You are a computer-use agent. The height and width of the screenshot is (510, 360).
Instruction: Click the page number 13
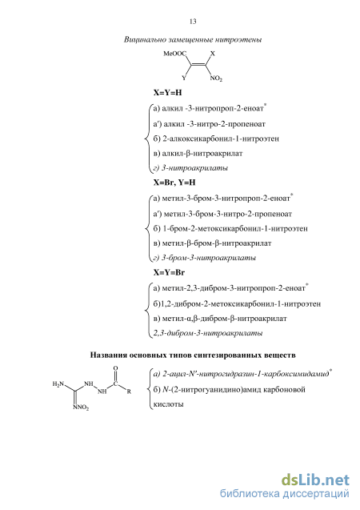click(x=193, y=22)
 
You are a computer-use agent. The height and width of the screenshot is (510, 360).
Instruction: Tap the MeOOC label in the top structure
click(x=175, y=54)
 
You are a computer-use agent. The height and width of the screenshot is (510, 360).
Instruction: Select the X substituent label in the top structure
click(x=213, y=54)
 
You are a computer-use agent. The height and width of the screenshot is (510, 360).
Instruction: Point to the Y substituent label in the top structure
click(x=184, y=78)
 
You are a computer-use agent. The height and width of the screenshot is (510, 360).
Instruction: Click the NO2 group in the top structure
click(x=216, y=78)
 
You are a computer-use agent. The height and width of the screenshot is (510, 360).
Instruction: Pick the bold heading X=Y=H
click(x=168, y=93)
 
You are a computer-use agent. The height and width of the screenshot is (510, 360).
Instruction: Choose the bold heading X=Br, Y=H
click(x=174, y=183)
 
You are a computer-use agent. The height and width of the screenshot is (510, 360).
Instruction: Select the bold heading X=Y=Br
click(x=169, y=272)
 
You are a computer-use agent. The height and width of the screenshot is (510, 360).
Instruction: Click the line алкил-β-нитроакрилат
click(x=198, y=154)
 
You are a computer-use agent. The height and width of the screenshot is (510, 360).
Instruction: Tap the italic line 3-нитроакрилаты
click(x=190, y=168)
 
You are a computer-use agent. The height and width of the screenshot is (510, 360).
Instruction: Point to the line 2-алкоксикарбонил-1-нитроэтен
click(x=216, y=139)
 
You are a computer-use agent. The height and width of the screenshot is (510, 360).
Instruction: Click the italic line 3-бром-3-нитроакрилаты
click(x=204, y=258)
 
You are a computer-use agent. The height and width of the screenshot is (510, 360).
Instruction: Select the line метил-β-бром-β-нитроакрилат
click(x=212, y=243)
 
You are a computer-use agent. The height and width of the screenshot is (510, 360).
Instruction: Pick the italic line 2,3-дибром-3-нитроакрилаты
click(x=208, y=333)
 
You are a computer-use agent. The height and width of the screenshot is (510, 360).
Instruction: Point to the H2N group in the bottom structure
click(x=58, y=384)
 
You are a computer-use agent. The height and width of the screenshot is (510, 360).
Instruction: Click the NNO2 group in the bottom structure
click(x=82, y=408)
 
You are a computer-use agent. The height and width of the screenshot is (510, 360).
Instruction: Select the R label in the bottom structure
click(x=129, y=392)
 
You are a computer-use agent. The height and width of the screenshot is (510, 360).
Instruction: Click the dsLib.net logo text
click(x=315, y=480)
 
